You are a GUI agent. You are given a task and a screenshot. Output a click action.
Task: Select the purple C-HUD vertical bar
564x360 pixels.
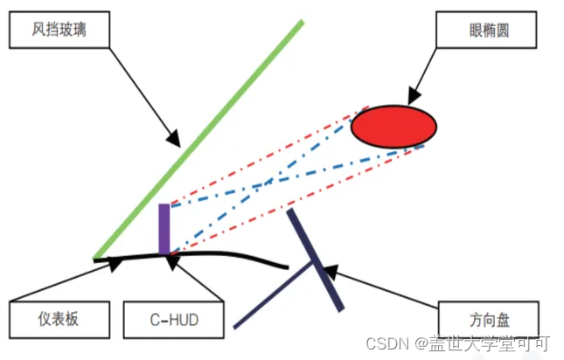(x=164, y=228)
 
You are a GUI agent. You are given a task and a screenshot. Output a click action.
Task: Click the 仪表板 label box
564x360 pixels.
(x=59, y=318)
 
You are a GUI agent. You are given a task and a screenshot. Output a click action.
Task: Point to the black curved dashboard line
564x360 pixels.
(x=236, y=257)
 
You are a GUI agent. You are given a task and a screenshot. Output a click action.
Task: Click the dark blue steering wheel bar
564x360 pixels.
(x=315, y=259)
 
